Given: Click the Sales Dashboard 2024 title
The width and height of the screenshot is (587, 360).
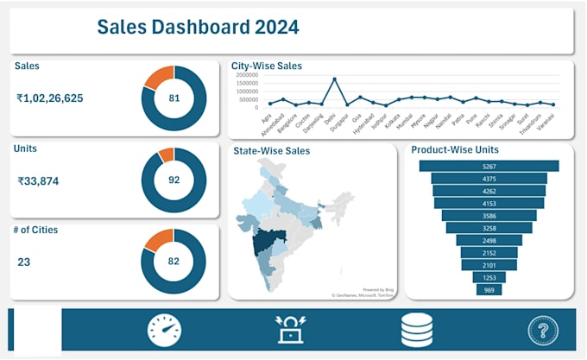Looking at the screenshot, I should [x=198, y=27].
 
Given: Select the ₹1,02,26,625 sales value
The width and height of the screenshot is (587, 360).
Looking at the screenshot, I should [x=50, y=98].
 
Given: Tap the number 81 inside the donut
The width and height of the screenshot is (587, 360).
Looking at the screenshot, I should [x=174, y=98].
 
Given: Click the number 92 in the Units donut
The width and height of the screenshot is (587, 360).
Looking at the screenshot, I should [x=174, y=180].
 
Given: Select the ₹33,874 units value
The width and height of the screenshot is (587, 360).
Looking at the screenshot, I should [x=42, y=181].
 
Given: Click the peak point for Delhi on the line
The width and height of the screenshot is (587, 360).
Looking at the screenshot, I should [x=335, y=79].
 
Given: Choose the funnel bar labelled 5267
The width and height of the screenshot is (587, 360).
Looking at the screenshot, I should [x=489, y=166].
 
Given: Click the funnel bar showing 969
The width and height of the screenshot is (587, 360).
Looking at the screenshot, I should [x=489, y=290].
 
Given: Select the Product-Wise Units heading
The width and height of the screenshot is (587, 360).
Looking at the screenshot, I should [x=454, y=149].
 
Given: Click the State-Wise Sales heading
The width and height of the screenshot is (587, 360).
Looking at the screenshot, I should [x=272, y=151].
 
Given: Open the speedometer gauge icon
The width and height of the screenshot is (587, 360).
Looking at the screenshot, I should [x=164, y=331].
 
